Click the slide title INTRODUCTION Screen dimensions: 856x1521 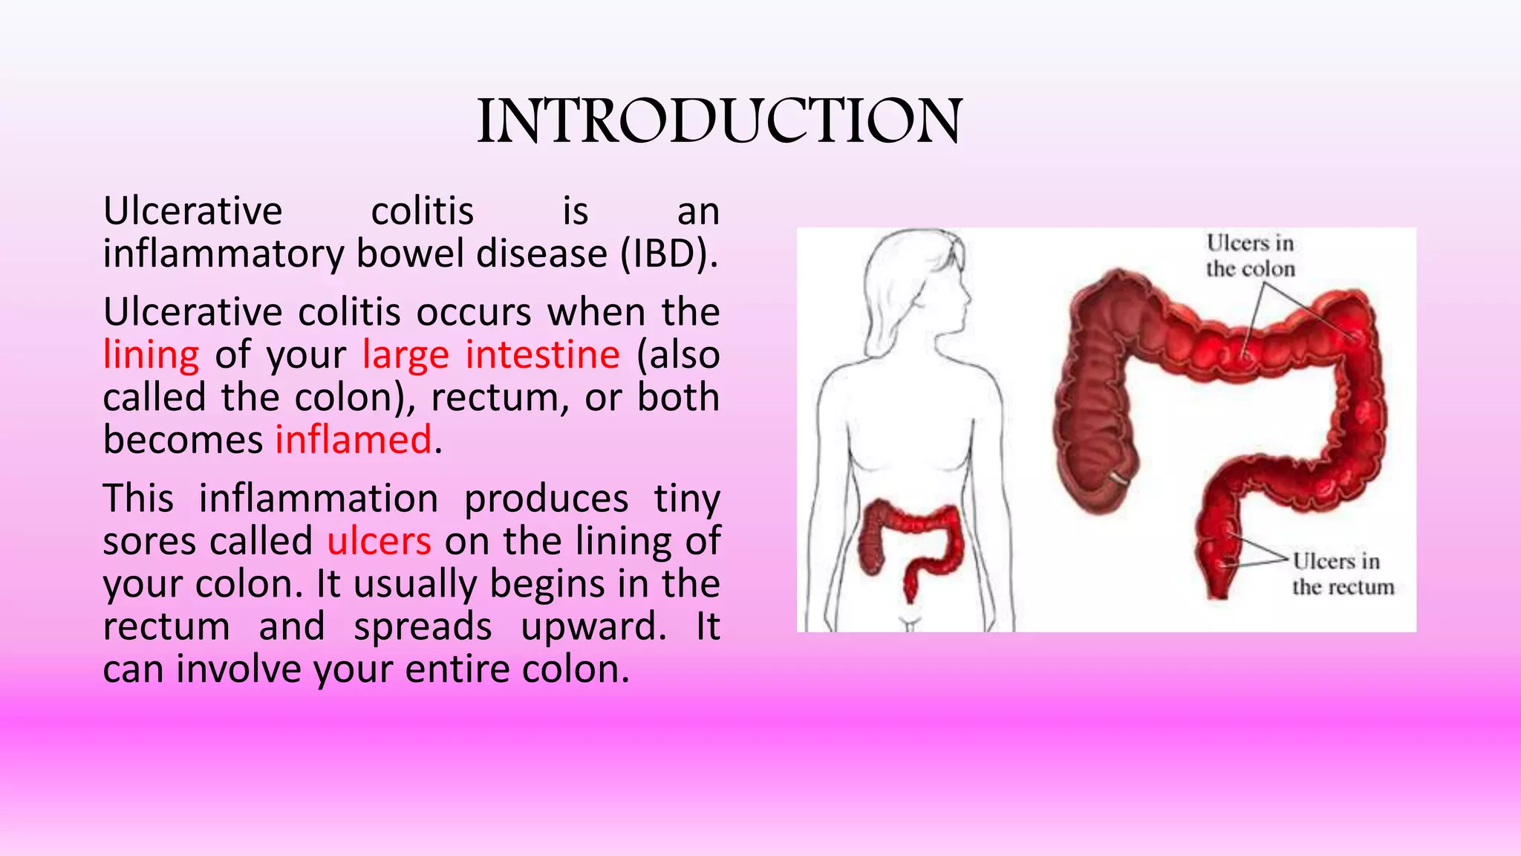[x=719, y=121]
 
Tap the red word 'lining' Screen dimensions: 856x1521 [x=151, y=355]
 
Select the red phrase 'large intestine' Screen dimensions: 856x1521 [x=491, y=354]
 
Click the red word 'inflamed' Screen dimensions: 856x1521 [x=354, y=439]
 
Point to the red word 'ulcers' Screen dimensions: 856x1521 [x=379, y=540]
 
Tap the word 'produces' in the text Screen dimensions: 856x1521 [x=546, y=499]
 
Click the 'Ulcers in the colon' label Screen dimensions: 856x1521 [x=1250, y=256]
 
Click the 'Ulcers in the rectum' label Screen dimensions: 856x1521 [x=1342, y=574]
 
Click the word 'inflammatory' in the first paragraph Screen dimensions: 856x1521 [x=223, y=254]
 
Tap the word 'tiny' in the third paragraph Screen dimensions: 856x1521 [x=687, y=499]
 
